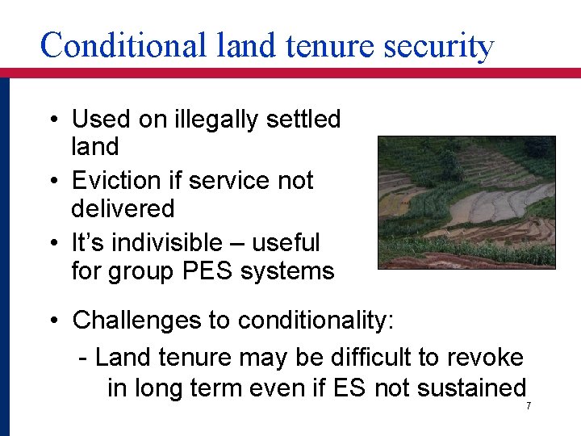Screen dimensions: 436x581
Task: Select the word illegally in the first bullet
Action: (x=213, y=119)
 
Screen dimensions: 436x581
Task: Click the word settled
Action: (x=302, y=119)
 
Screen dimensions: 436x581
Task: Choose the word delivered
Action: (x=123, y=208)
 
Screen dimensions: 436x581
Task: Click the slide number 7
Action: (x=529, y=405)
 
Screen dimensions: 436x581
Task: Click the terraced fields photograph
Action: (x=466, y=202)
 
